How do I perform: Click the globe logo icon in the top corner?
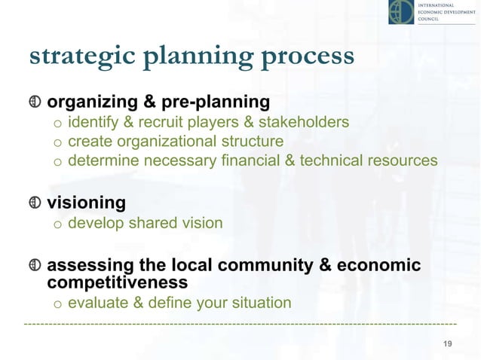(x=401, y=12)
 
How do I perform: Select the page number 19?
(x=447, y=344)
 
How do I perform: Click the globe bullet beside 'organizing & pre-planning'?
(x=34, y=102)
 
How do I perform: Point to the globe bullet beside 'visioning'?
(x=34, y=203)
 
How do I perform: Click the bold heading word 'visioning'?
(x=87, y=203)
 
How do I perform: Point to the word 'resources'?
(x=402, y=160)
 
